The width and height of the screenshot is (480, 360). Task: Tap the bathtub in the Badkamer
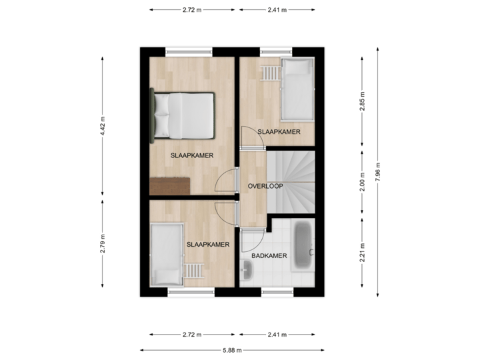click(304, 245)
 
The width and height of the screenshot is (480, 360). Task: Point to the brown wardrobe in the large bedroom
click(170, 186)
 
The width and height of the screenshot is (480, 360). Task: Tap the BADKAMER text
click(269, 255)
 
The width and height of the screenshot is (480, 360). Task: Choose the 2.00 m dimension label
click(362, 182)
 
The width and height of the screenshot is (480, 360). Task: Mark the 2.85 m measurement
click(362, 101)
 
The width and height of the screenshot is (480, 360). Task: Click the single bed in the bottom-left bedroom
click(167, 255)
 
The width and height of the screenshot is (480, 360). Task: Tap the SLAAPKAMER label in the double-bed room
click(192, 155)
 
